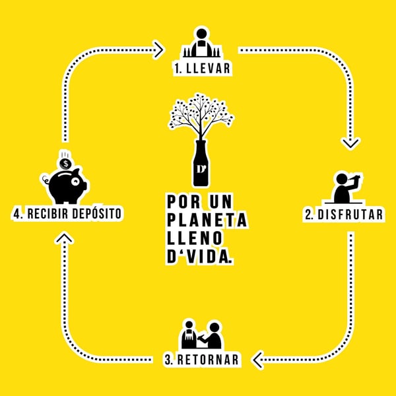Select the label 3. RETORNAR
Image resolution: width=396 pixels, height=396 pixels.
point(202,360)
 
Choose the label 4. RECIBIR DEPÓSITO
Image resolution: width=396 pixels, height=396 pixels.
point(68,214)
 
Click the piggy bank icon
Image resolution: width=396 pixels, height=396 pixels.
point(67,184)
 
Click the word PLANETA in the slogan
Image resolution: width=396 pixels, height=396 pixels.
point(207,218)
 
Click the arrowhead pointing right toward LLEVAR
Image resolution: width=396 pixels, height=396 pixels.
point(158,48)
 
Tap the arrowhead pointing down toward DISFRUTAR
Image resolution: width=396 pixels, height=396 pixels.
point(350,141)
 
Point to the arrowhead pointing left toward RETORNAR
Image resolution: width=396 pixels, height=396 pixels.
point(258,359)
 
